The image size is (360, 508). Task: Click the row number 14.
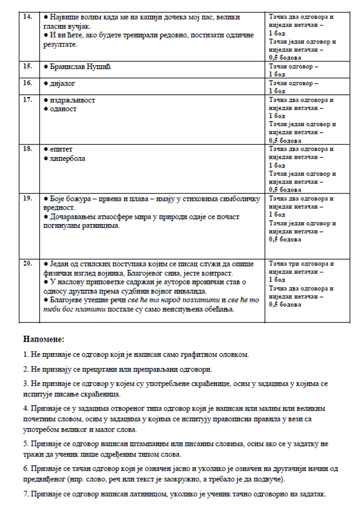[x=28, y=16]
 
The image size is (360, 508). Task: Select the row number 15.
[x=28, y=66]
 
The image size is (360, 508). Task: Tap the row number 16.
[x=28, y=83]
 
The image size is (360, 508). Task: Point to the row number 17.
[x=28, y=100]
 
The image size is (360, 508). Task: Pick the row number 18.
[x=28, y=149]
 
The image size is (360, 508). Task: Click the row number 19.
[x=28, y=198]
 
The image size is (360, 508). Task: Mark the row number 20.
[x=28, y=263]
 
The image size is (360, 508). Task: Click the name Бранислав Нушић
[x=80, y=67]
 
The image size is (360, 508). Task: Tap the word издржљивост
[x=72, y=100]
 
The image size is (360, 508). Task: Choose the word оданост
[x=63, y=109]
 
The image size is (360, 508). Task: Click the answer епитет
[x=61, y=149]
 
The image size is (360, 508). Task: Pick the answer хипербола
[x=67, y=158]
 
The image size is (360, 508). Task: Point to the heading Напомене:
[x=44, y=339]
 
